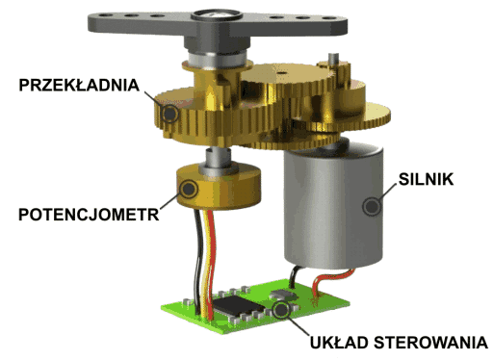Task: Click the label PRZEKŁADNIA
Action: coord(79,85)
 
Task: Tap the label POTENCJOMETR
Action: coord(89,215)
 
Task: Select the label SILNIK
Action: coord(426,179)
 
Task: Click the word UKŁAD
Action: coord(339,343)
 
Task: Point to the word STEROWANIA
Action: coord(430,343)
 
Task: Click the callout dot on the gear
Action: coord(169,114)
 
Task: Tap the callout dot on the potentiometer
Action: coord(188,189)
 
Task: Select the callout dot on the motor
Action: coord(372,206)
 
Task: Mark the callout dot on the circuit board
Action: coord(281,310)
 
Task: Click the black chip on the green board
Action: coord(238,306)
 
